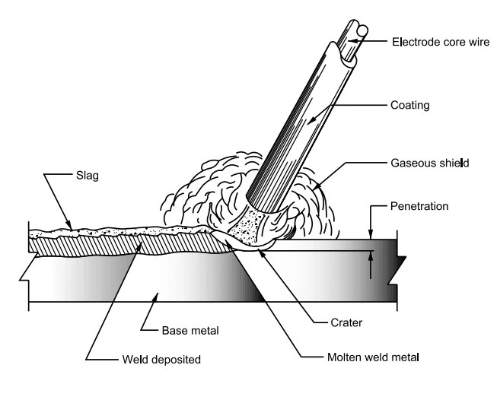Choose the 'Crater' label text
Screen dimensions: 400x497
(334, 322)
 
